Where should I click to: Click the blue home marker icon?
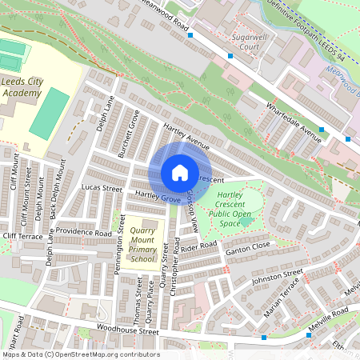coord(179,172)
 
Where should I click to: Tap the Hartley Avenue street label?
coord(186,137)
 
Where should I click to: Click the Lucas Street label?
coord(102,188)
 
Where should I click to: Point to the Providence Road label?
coord(84,233)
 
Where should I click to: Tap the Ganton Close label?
coord(250,250)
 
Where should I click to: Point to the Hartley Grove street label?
coord(156,196)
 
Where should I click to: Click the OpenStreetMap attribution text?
coord(80,354)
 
